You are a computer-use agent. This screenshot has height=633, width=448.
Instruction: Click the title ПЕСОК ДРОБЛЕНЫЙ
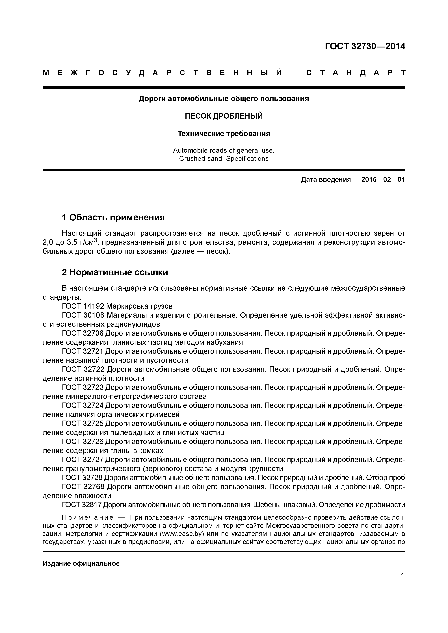coord(224,116)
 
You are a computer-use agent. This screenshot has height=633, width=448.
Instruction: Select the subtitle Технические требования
coord(224,134)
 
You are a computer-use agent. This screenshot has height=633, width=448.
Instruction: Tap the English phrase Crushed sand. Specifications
coord(224,158)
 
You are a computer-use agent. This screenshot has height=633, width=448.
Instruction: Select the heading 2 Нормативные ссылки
coord(115,272)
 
